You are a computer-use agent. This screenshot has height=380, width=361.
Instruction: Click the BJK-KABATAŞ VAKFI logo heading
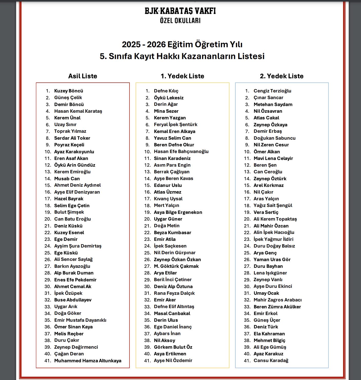tap(180, 11)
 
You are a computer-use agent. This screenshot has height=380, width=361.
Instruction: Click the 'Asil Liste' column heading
tap(83, 76)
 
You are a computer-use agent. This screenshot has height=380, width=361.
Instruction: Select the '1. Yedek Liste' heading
tap(182, 76)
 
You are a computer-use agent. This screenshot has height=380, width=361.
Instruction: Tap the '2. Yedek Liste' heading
tap(282, 76)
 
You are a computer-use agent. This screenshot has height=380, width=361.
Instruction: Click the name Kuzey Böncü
tap(68, 91)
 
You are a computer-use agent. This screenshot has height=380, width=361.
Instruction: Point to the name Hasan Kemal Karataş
tap(78, 111)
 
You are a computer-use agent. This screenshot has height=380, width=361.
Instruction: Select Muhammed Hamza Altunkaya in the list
tap(88, 360)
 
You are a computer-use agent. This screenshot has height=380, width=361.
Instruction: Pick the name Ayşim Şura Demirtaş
tap(78, 246)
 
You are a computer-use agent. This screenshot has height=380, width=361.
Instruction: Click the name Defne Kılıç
tap(166, 91)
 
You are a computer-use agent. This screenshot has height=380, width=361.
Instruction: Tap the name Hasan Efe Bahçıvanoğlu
tap(181, 151)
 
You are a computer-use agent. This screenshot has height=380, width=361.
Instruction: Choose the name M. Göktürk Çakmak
tap(176, 266)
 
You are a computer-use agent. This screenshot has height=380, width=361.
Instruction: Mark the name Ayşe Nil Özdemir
tap(173, 360)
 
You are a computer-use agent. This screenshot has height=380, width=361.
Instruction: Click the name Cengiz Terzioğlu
tap(272, 91)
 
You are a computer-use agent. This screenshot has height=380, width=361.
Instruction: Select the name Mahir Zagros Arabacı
tap(277, 300)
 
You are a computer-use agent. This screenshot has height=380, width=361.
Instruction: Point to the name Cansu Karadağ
tap(271, 360)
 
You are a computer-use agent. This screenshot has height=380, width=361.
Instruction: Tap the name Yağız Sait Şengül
tap(273, 205)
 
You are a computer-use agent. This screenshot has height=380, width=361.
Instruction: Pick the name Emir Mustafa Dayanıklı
tap(80, 320)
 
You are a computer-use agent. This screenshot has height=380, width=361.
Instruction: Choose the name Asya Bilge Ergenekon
tap(178, 212)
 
